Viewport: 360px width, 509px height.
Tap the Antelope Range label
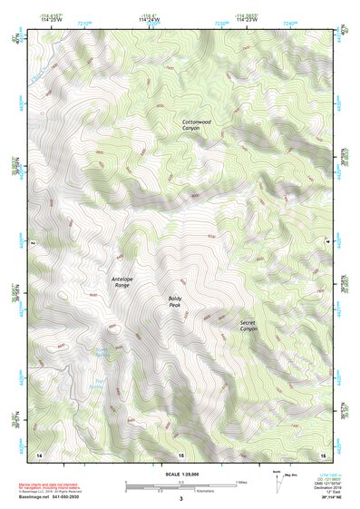[121, 282]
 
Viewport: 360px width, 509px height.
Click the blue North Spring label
[102, 353]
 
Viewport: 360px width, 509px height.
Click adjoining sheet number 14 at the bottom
[38, 453]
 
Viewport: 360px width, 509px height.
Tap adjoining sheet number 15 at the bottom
[180, 453]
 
